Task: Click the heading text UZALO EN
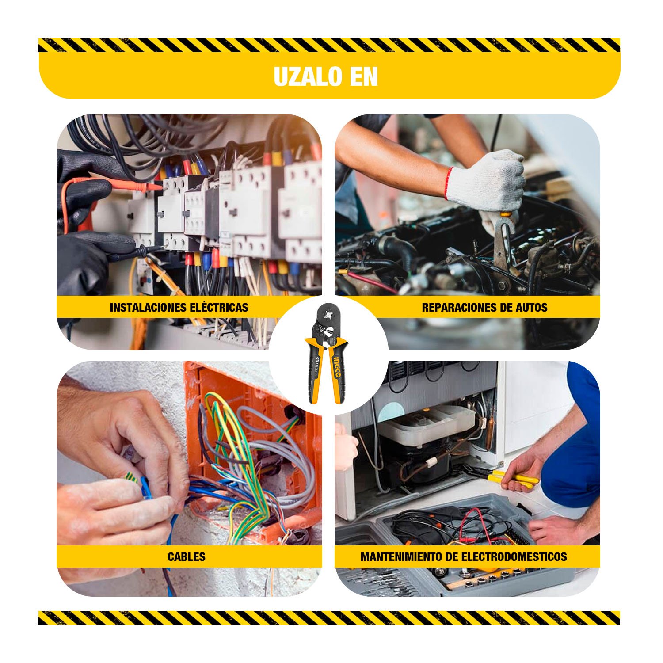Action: tap(326, 76)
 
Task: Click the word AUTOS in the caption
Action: tap(532, 307)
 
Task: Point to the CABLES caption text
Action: tap(187, 556)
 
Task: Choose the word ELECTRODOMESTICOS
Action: tap(514, 556)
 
